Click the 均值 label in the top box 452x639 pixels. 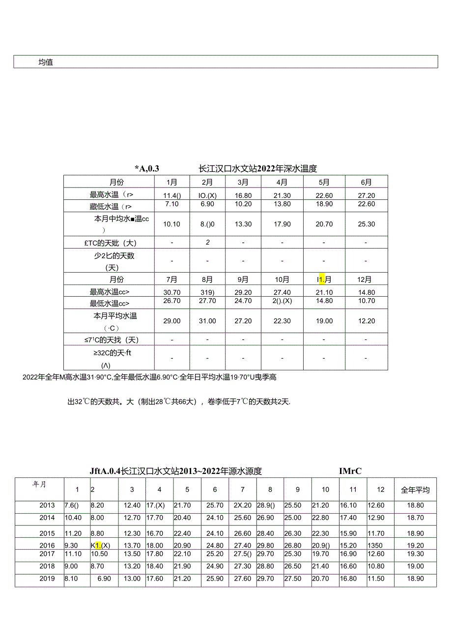46,62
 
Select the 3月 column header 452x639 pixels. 243,182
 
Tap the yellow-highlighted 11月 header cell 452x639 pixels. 324,279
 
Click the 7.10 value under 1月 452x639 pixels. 171,204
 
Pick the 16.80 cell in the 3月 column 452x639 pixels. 243,195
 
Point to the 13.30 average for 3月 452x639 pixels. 243,224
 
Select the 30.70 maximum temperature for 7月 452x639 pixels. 171,292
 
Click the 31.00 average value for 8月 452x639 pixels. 207,321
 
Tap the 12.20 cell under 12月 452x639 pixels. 366,321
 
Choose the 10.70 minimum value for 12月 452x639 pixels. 366,301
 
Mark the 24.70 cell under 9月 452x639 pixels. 243,301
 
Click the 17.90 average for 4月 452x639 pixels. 282,224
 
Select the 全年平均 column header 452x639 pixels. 415,490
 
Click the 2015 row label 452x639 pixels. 47,533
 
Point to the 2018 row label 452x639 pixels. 47,566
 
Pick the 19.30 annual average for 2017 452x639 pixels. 415,554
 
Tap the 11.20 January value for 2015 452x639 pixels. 73,533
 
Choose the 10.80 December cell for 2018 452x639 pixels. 376,566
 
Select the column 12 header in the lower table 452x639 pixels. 380,490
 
